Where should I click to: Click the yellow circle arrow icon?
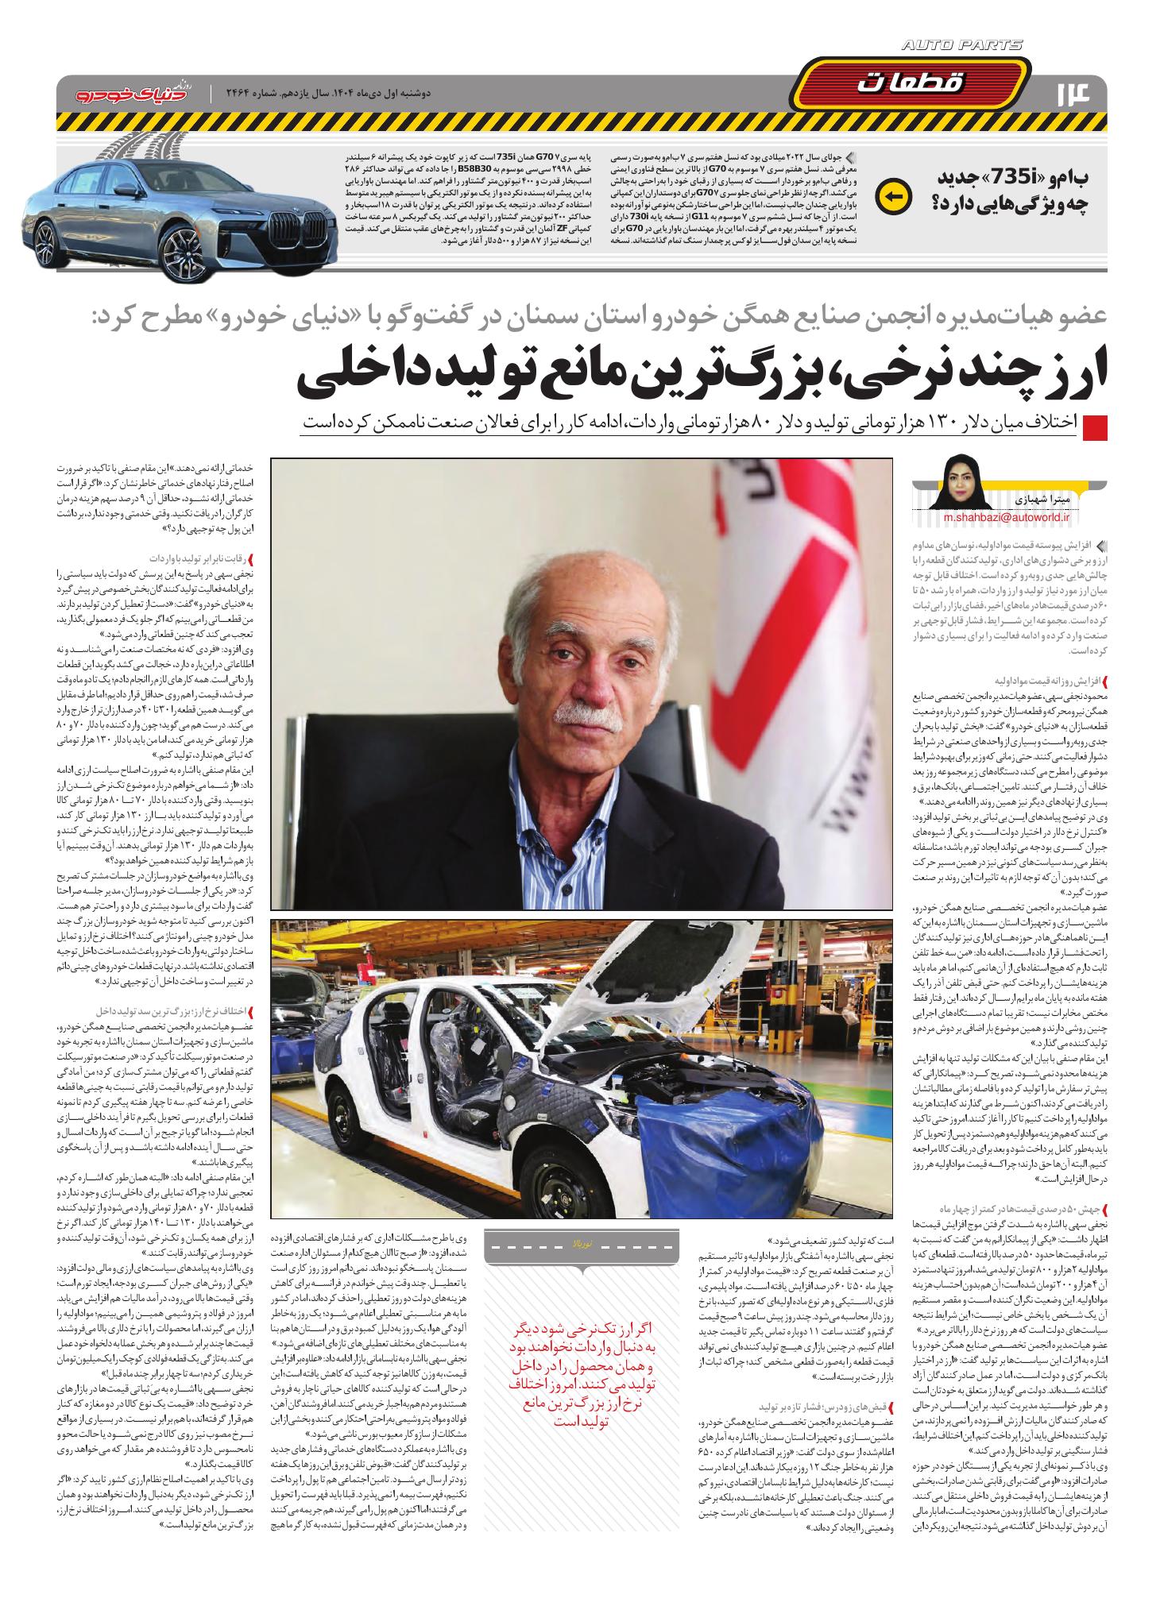pos(890,196)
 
